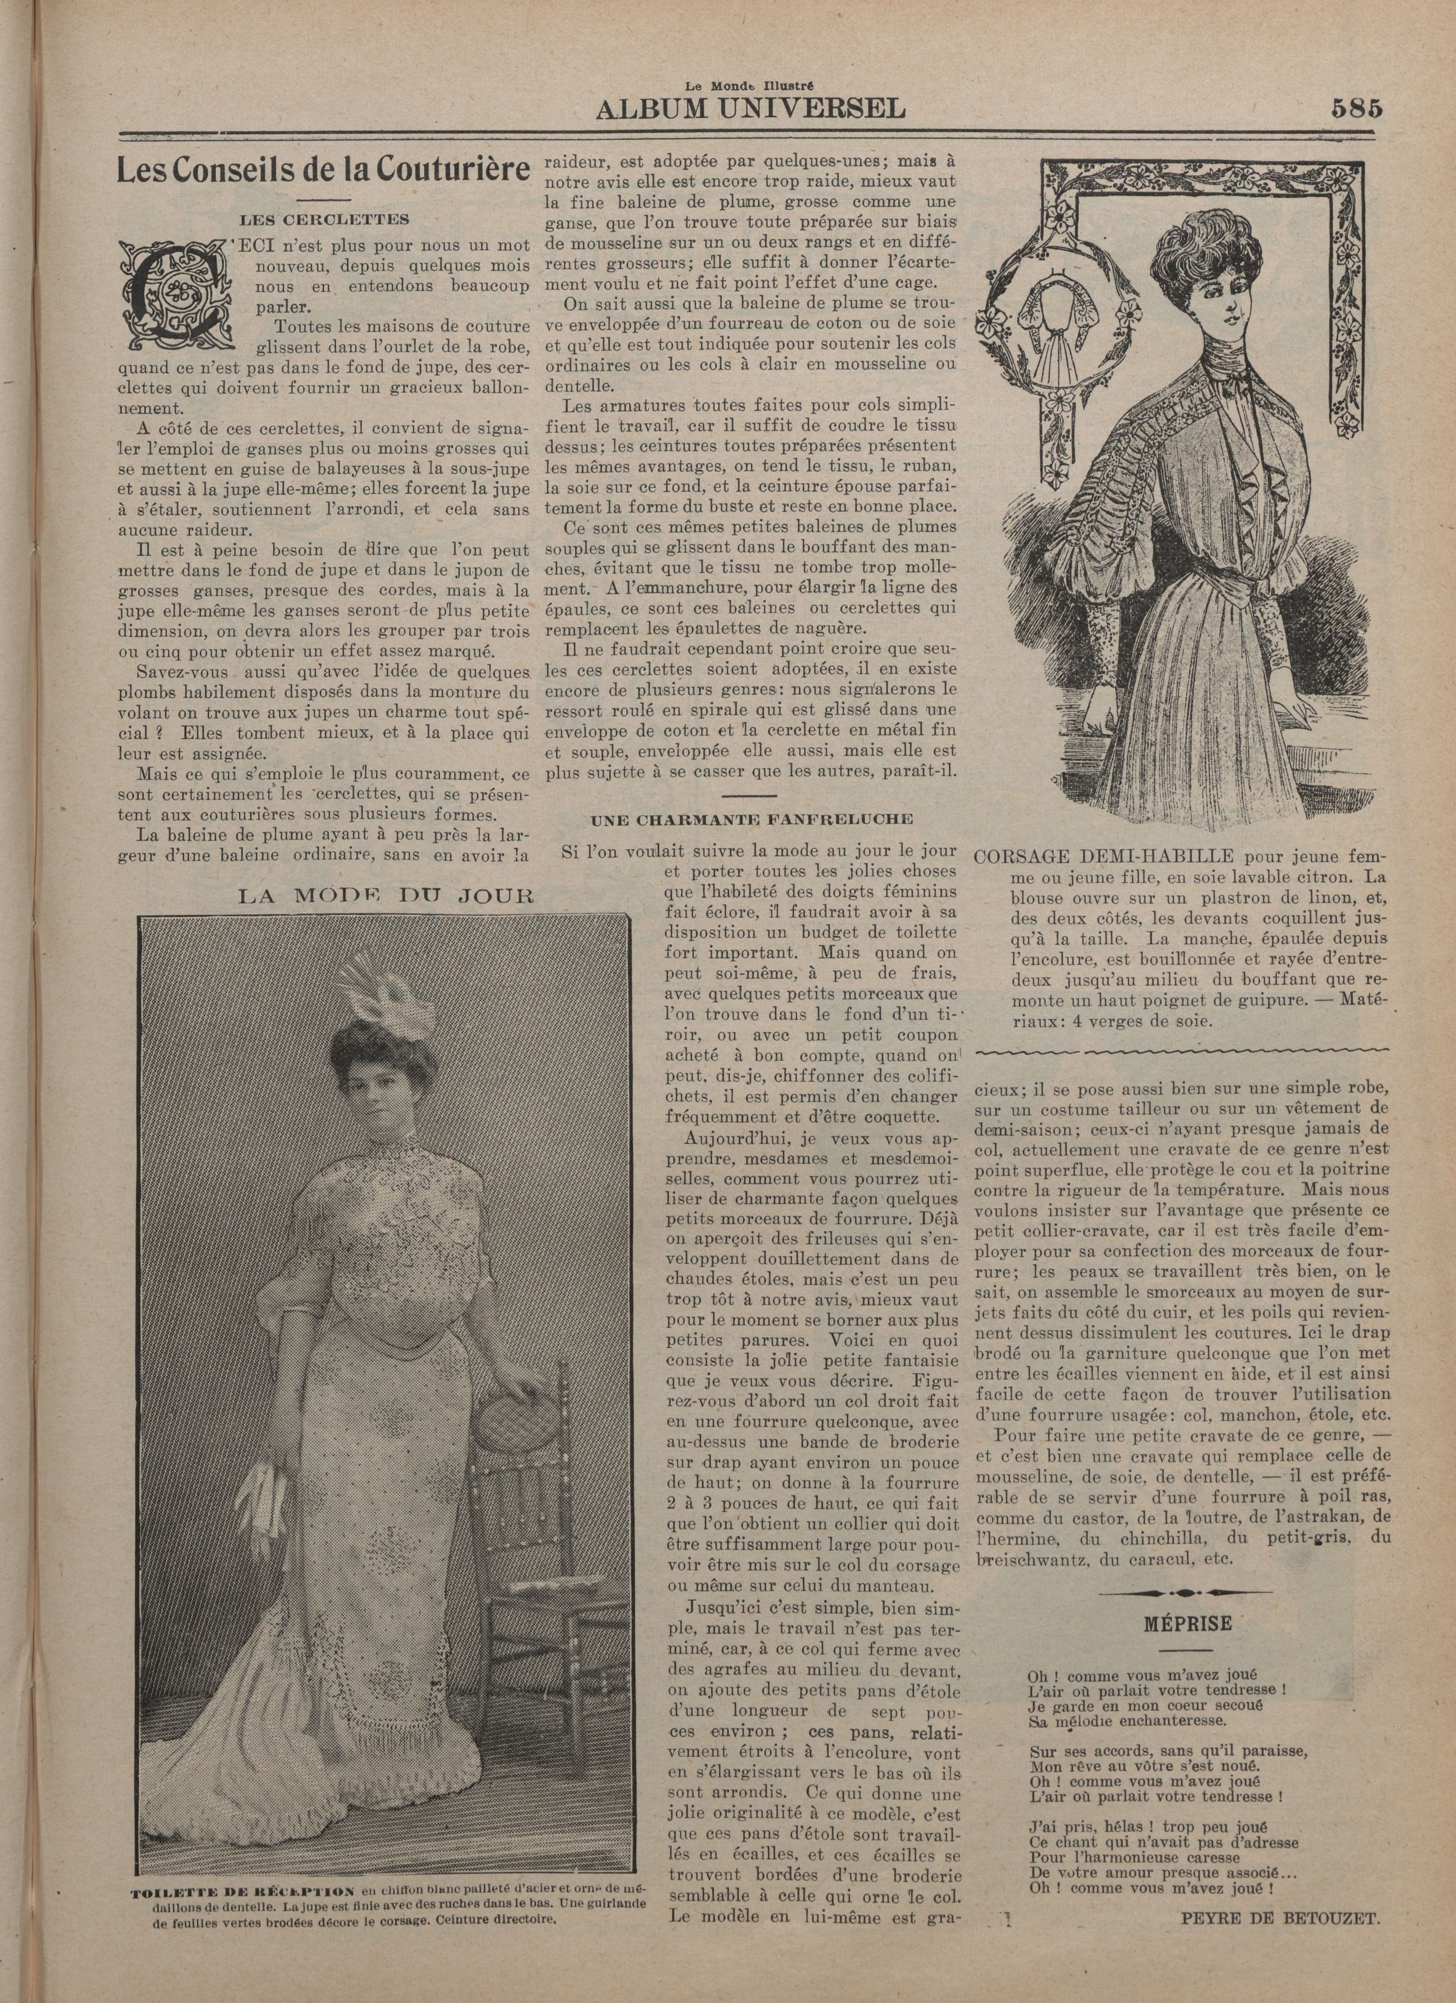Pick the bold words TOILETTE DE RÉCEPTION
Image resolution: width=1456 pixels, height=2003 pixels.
click(x=243, y=1885)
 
